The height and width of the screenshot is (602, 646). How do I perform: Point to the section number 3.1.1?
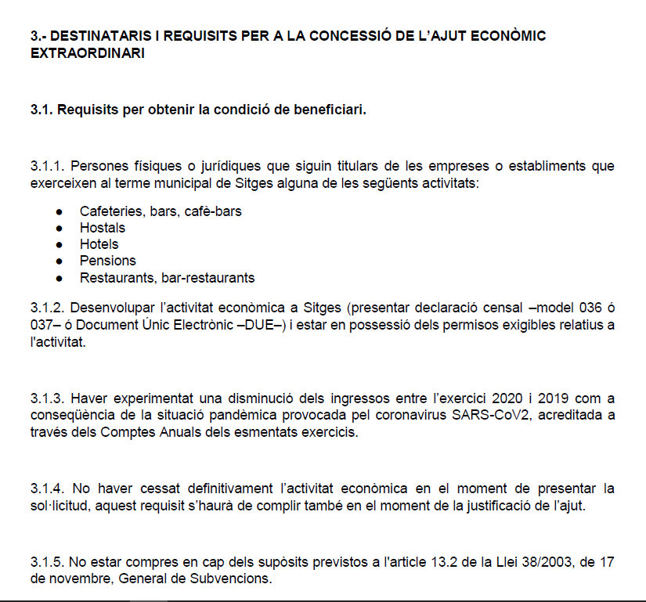pyautogui.click(x=46, y=166)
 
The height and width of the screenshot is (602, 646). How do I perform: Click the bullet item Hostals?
pyautogui.click(x=102, y=228)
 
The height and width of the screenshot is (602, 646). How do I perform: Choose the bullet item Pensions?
pyautogui.click(x=107, y=261)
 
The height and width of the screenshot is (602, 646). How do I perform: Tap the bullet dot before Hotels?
pyautogui.click(x=59, y=244)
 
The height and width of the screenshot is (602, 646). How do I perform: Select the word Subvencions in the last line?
pyautogui.click(x=236, y=580)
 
